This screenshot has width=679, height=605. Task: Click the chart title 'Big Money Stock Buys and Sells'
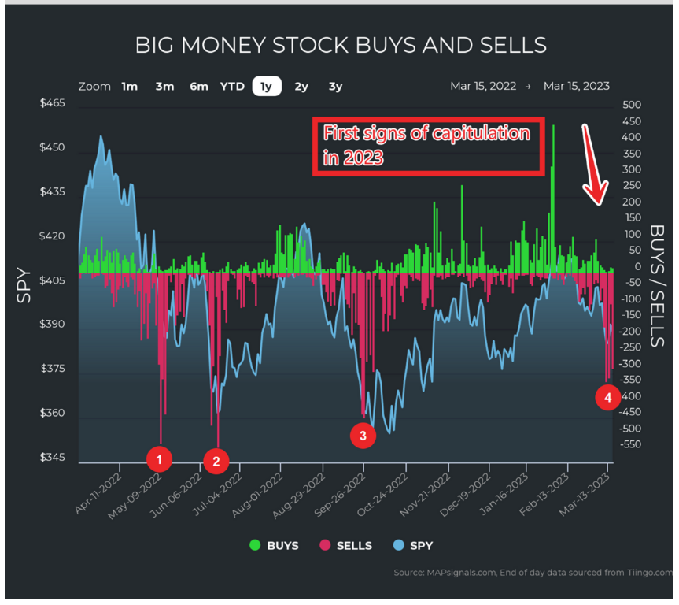click(x=340, y=45)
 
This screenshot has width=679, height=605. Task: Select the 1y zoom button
click(x=267, y=87)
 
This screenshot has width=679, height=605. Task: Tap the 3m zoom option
click(x=164, y=87)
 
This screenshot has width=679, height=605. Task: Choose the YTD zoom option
click(x=232, y=87)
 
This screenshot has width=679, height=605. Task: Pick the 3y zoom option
click(x=335, y=87)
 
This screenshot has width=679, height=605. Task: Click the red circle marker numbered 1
click(x=159, y=458)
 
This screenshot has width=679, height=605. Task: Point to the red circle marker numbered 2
click(x=216, y=461)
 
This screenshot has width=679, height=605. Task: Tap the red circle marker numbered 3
click(x=363, y=434)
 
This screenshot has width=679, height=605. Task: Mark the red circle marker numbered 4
click(x=607, y=397)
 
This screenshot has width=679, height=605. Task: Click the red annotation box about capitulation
click(x=428, y=147)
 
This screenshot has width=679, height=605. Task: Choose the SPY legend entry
click(x=412, y=545)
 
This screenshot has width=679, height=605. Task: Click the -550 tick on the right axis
click(x=631, y=445)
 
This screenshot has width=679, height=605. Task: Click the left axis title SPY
click(x=25, y=285)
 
